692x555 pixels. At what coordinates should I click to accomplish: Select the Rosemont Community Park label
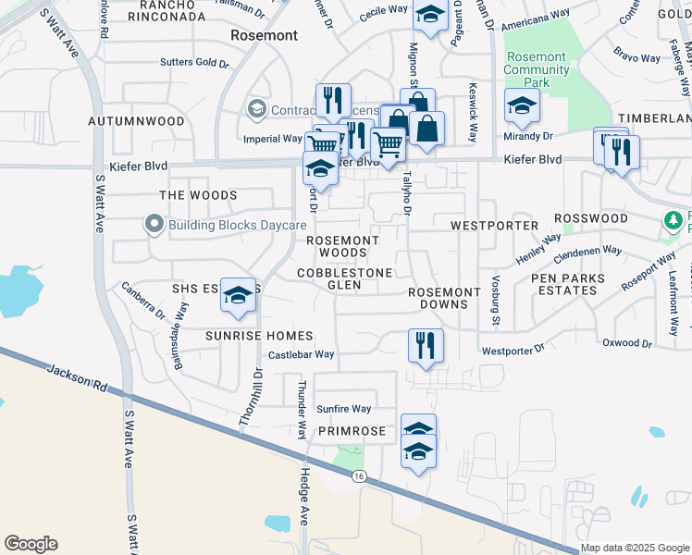tap(535, 69)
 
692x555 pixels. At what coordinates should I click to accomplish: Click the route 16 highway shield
tap(358, 475)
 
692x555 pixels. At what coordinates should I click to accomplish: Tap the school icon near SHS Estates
tap(239, 295)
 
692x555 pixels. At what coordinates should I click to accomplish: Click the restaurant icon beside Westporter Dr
tap(426, 345)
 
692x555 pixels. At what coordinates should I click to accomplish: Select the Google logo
tap(31, 543)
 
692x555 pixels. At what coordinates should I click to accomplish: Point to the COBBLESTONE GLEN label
tap(344, 278)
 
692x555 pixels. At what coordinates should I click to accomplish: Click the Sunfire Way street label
tap(343, 409)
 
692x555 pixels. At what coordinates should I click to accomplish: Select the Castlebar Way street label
tap(301, 354)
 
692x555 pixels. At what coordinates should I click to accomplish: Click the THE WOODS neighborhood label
tap(198, 195)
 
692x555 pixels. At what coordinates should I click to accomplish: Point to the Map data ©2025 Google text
tap(634, 548)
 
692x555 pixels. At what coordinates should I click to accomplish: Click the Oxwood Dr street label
tap(626, 343)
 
